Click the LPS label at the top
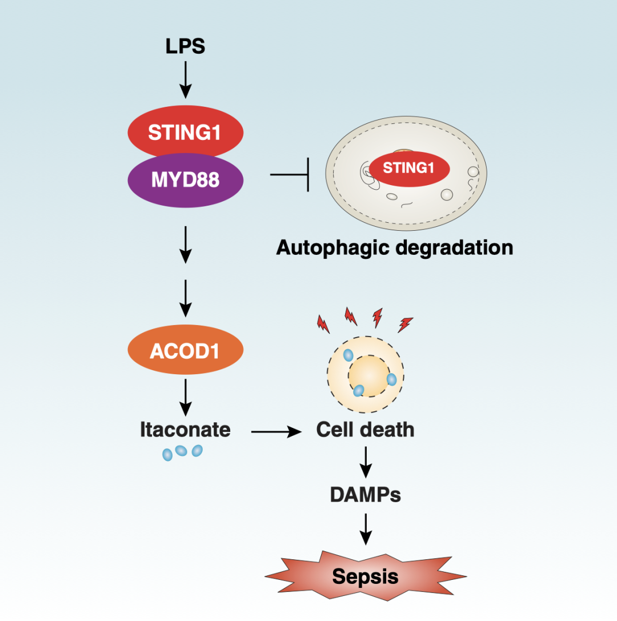coord(185,46)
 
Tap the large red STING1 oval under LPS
coord(185,133)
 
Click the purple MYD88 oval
coord(185,180)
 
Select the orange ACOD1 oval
coord(185,351)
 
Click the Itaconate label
coord(185,430)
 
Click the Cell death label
coord(365,430)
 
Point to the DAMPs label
coord(365,494)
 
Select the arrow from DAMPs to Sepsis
coord(365,528)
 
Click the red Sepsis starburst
coord(365,576)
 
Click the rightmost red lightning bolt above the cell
coord(405,324)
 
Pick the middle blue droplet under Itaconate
coord(181,451)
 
